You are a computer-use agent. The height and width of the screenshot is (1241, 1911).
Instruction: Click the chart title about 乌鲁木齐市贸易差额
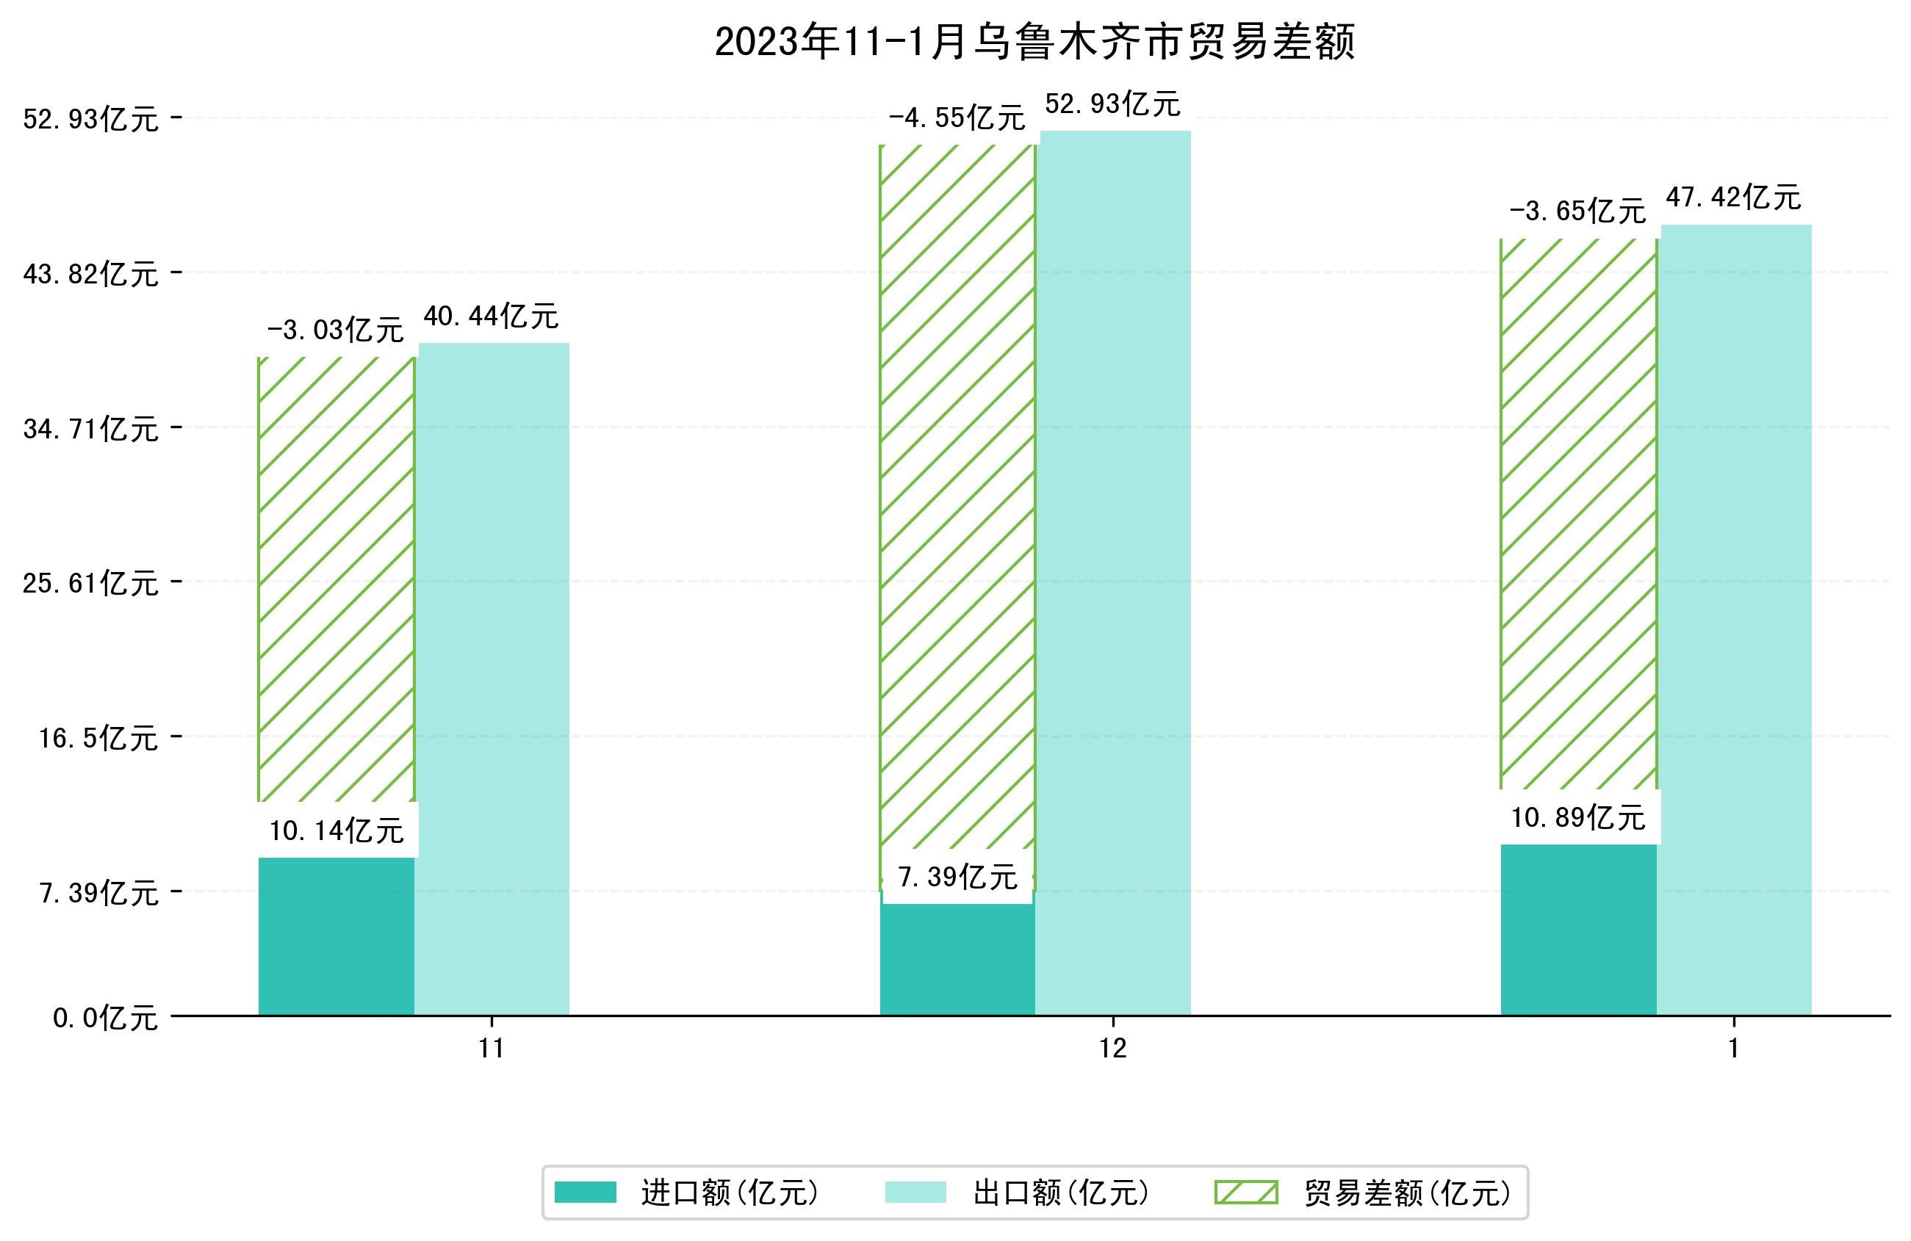pos(1034,42)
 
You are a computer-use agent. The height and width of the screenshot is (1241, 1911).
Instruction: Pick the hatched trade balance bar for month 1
pos(1577,514)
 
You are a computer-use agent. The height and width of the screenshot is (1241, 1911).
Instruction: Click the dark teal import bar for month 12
pos(957,960)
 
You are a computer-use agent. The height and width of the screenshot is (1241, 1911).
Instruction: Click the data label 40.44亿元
pos(491,316)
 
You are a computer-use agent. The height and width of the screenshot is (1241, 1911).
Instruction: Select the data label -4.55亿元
pos(957,118)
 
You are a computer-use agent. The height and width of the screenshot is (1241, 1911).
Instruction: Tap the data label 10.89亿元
pos(1577,818)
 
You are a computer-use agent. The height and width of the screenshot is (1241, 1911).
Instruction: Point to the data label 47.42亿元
pos(1732,198)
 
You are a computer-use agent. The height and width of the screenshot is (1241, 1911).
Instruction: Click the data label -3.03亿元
pos(335,330)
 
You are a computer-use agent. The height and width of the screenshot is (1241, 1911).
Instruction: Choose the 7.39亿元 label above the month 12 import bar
pos(957,878)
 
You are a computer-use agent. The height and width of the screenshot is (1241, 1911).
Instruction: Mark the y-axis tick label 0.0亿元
pos(105,1019)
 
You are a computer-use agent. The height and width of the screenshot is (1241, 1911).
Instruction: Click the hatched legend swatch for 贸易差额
pos(1245,1193)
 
